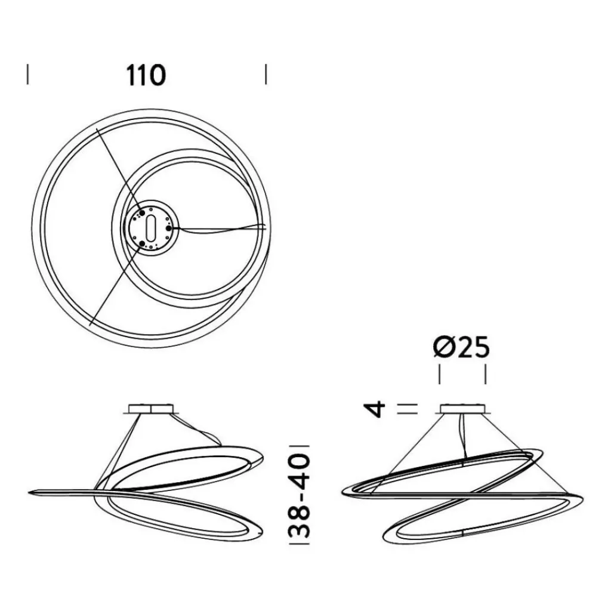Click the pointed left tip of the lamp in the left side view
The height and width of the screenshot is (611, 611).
tap(29, 493)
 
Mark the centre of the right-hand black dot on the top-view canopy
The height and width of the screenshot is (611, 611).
tap(169, 228)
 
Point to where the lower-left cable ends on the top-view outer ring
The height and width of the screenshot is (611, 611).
tap(90, 325)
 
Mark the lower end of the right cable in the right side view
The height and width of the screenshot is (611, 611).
tap(566, 492)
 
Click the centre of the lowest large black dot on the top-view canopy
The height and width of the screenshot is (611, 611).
tap(142, 244)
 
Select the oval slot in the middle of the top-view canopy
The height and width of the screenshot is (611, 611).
tap(151, 229)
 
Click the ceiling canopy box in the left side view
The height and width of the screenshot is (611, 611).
tap(151, 408)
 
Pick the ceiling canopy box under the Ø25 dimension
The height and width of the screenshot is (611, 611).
tap(463, 408)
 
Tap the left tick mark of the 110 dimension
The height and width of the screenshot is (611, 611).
tap(27, 75)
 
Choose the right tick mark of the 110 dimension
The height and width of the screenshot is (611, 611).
tap(266, 75)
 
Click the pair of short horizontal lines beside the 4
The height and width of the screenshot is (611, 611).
tap(408, 408)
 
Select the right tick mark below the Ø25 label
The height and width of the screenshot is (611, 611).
tap(486, 374)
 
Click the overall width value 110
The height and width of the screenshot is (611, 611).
tap(146, 75)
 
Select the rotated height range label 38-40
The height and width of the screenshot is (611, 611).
tap(300, 495)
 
